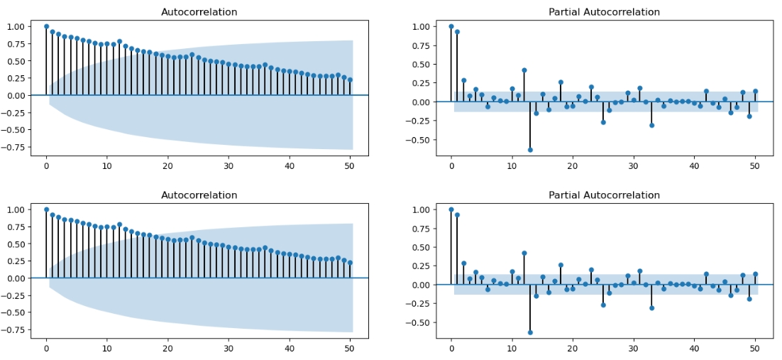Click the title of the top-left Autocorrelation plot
199,12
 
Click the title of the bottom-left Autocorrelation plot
199,195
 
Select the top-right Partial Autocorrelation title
604,12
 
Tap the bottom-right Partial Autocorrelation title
604,195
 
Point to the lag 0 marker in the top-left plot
46,26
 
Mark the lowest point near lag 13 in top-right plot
530,150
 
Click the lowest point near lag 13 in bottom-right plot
530,332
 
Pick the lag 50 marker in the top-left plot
351,80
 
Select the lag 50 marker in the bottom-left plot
351,263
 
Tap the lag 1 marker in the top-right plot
457,32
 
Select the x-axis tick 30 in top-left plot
228,166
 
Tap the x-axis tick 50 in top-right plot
756,166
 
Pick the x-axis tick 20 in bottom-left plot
167,349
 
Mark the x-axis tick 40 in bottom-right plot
695,349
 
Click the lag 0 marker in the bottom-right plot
451,209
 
